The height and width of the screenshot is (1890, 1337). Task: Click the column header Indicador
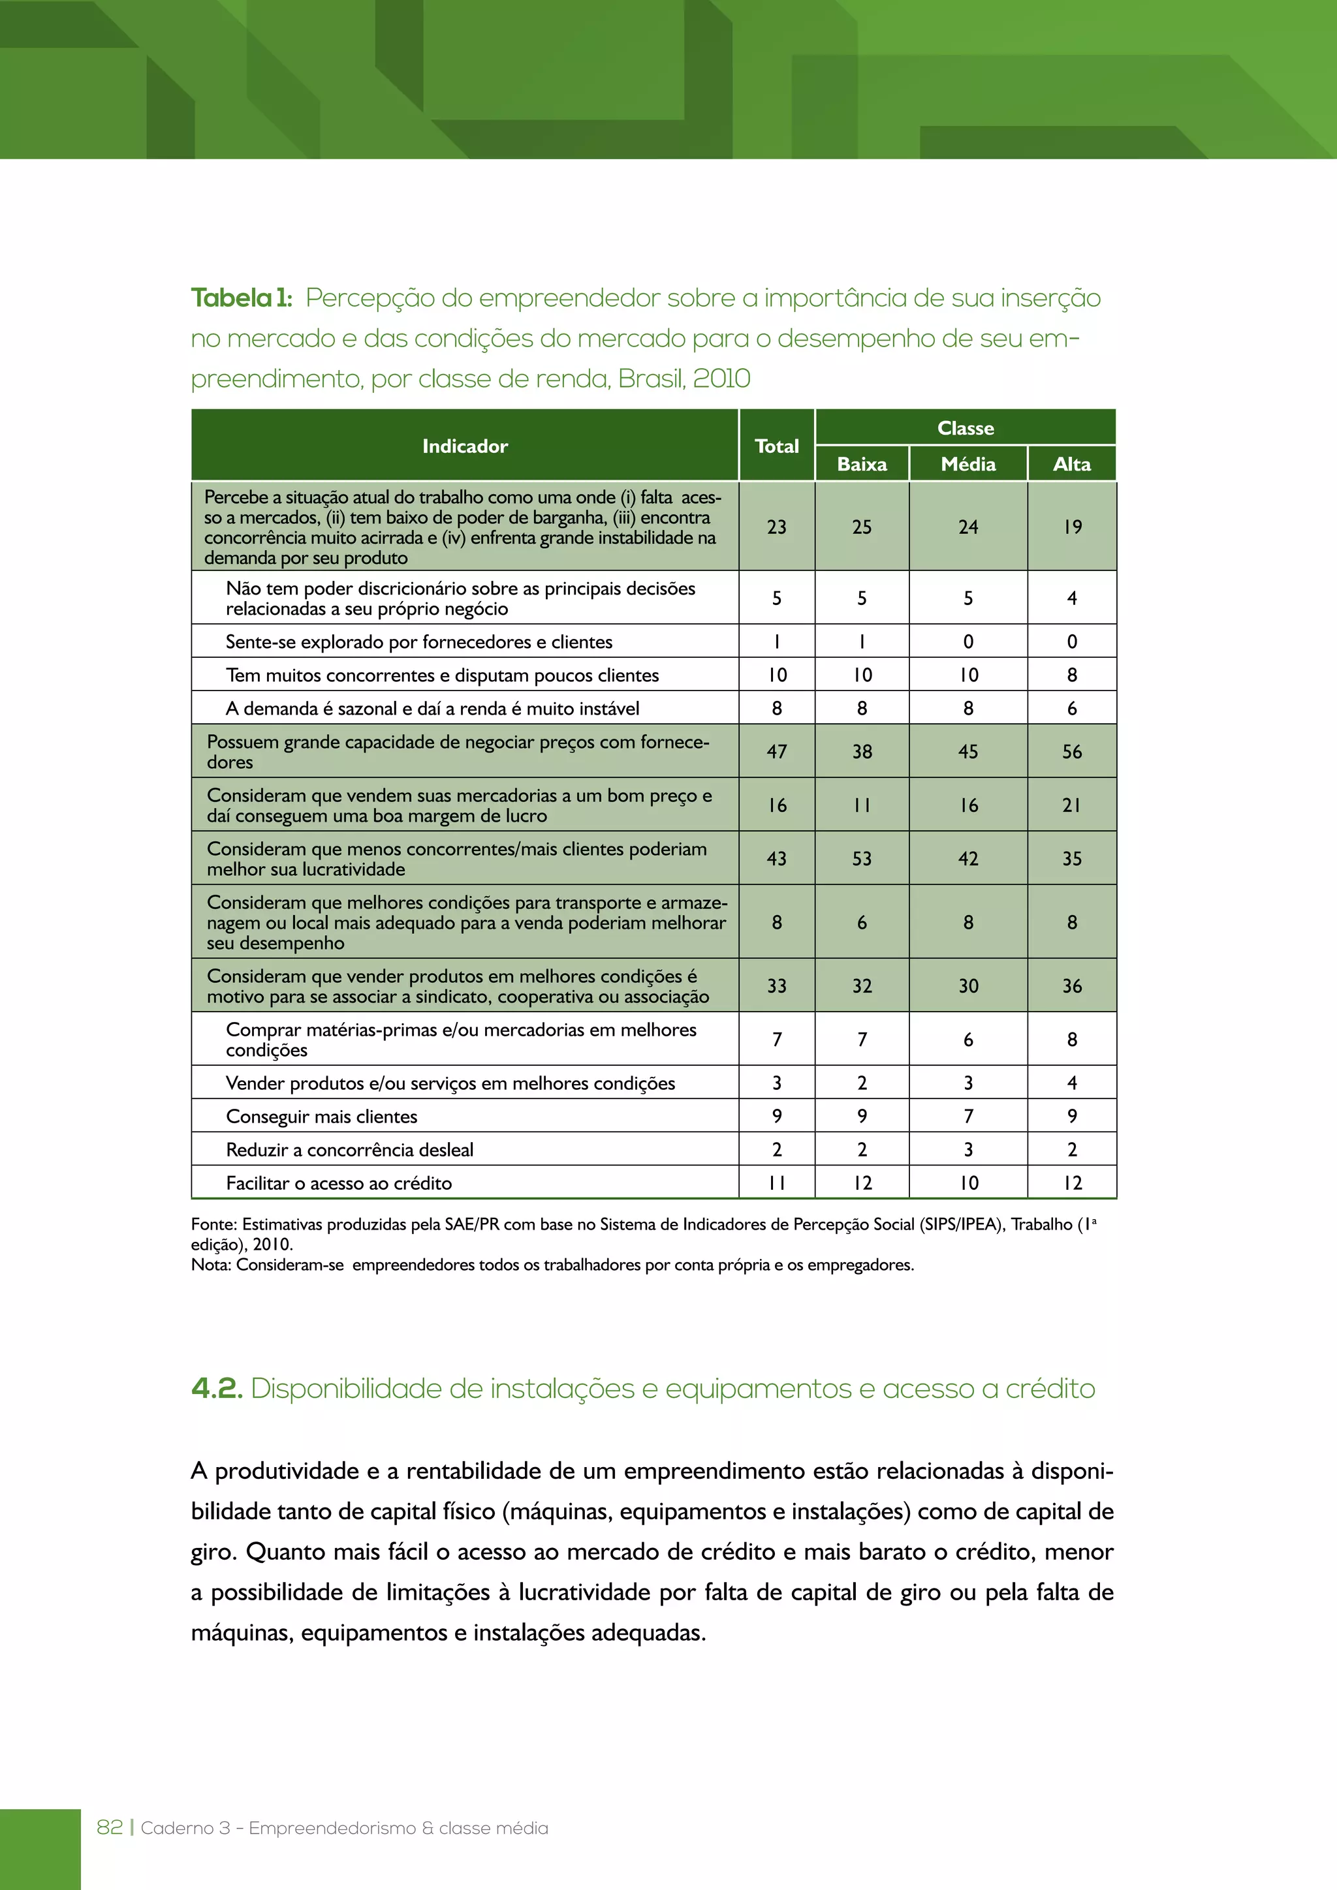click(465, 446)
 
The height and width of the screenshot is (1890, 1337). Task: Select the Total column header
click(776, 446)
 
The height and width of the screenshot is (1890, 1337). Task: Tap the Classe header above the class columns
click(965, 428)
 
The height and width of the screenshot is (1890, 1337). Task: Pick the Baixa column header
click(861, 464)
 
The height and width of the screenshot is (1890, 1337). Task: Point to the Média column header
click(968, 464)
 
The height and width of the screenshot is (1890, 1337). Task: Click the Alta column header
click(1071, 464)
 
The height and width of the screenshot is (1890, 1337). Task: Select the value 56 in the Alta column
click(1071, 752)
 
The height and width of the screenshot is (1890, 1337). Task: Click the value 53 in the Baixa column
click(861, 859)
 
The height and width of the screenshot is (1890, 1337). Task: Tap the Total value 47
click(776, 752)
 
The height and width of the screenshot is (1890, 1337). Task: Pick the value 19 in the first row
click(1071, 527)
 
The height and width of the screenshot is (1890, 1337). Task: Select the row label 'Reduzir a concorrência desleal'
click(349, 1150)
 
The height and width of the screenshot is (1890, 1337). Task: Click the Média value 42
click(968, 859)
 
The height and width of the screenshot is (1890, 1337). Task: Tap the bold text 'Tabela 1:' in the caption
click(241, 298)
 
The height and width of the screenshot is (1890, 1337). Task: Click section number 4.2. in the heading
click(217, 1389)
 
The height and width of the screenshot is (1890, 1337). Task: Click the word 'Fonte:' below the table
click(214, 1224)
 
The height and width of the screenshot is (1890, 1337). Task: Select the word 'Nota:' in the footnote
click(212, 1264)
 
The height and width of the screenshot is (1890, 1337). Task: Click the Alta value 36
click(1071, 986)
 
